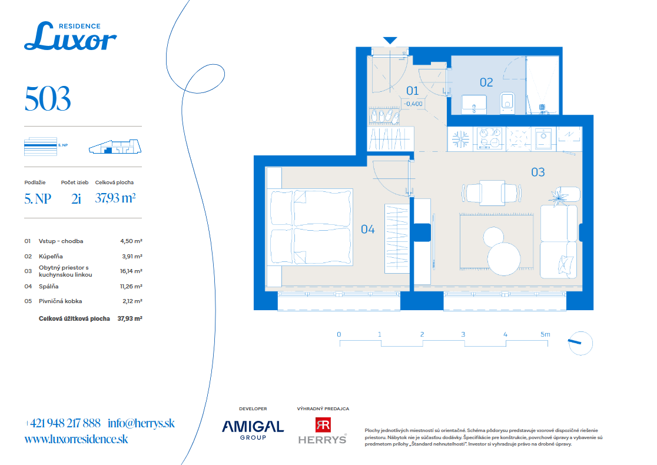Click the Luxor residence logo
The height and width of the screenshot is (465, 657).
pos(71,36)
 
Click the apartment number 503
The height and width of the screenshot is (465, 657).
pos(48,99)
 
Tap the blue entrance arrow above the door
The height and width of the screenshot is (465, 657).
pos(390,40)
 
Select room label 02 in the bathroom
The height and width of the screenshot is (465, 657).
pos(486,82)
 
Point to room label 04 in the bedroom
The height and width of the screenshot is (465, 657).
pos(367,229)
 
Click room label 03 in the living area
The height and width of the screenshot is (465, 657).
pos(538,172)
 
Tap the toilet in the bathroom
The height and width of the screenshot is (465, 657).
pos(507,102)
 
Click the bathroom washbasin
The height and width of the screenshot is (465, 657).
pos(474,104)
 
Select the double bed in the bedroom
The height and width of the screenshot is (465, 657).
pos(311,227)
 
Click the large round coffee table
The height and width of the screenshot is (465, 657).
pos(504,259)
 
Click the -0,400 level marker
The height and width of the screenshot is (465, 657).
pos(413,104)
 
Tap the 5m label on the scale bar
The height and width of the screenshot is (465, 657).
pos(545,334)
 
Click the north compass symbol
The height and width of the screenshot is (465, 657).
pos(580,343)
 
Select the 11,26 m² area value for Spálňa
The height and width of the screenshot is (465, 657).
pos(131,287)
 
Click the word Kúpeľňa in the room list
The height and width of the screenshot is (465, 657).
pos(51,257)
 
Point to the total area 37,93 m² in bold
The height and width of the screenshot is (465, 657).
pos(130,319)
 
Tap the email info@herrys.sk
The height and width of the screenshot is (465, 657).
pos(141,423)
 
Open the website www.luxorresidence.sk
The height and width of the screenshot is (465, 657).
pos(77,439)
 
